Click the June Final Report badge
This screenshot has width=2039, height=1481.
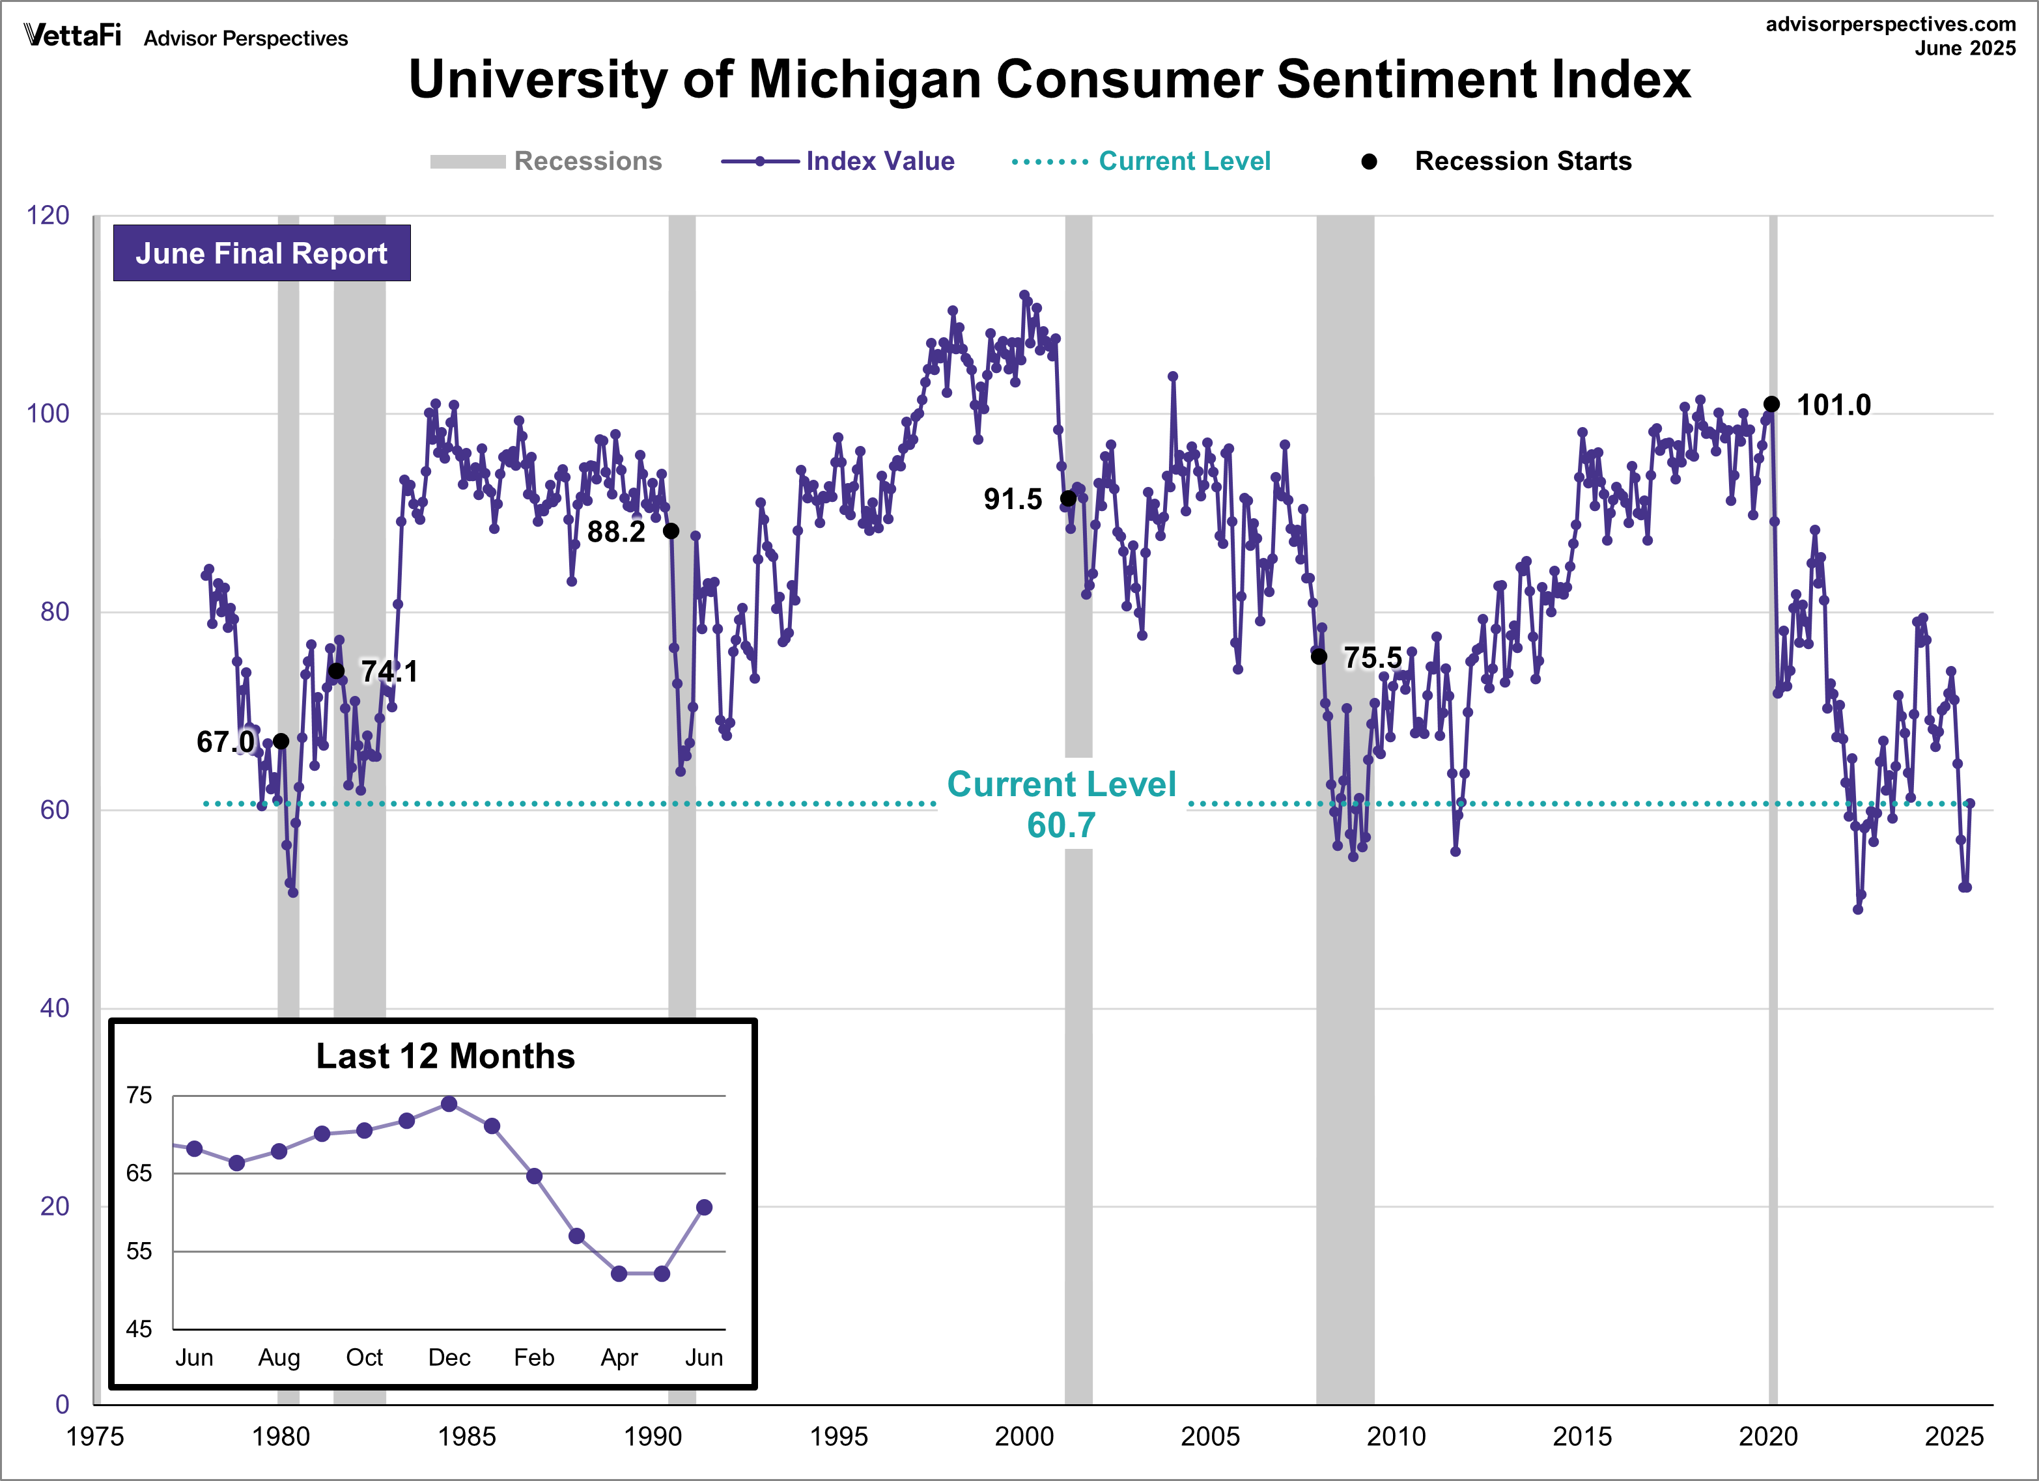[x=262, y=253]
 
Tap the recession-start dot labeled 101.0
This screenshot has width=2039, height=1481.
[x=1771, y=404]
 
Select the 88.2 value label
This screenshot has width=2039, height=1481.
[x=616, y=532]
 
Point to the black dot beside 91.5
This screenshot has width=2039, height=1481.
[x=1068, y=498]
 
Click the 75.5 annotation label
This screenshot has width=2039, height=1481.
[x=1373, y=657]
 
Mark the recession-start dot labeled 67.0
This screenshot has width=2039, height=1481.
[x=281, y=741]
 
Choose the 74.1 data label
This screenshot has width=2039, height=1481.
[x=389, y=671]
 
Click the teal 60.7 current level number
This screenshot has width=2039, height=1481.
[x=1061, y=825]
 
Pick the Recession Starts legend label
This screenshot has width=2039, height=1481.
[x=1523, y=161]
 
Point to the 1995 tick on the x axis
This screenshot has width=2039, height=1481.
[x=838, y=1436]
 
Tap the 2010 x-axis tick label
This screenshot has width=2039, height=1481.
[x=1396, y=1436]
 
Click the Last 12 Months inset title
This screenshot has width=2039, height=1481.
[x=445, y=1056]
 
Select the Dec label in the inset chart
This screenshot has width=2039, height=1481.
[x=449, y=1357]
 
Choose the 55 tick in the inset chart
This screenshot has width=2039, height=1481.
[x=139, y=1251]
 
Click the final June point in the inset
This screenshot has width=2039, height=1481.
[x=704, y=1207]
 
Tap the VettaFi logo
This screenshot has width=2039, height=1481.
[x=72, y=35]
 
